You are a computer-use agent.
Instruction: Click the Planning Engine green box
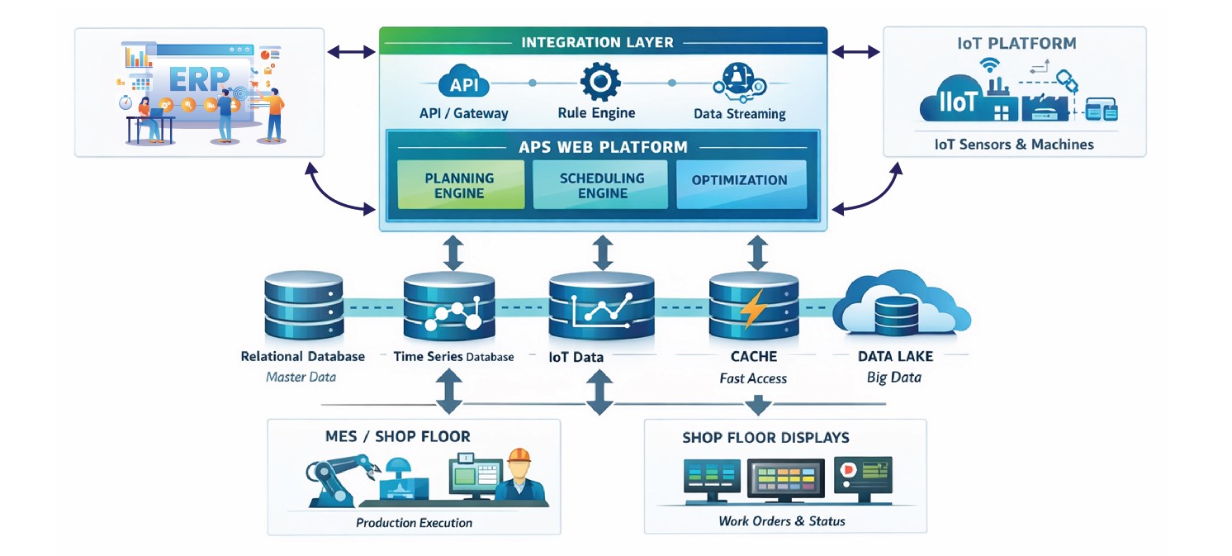[x=460, y=184]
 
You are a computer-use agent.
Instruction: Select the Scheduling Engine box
[x=602, y=184]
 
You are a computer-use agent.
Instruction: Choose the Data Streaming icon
[x=738, y=83]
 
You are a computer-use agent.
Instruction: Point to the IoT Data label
[x=576, y=358]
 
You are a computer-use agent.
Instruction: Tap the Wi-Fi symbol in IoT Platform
[x=989, y=68]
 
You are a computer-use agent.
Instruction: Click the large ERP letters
[x=199, y=82]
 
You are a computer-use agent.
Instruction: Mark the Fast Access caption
[x=753, y=378]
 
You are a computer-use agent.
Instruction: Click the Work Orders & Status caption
[x=781, y=521]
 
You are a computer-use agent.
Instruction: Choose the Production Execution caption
[x=414, y=523]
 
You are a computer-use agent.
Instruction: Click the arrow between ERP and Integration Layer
[x=352, y=52]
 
